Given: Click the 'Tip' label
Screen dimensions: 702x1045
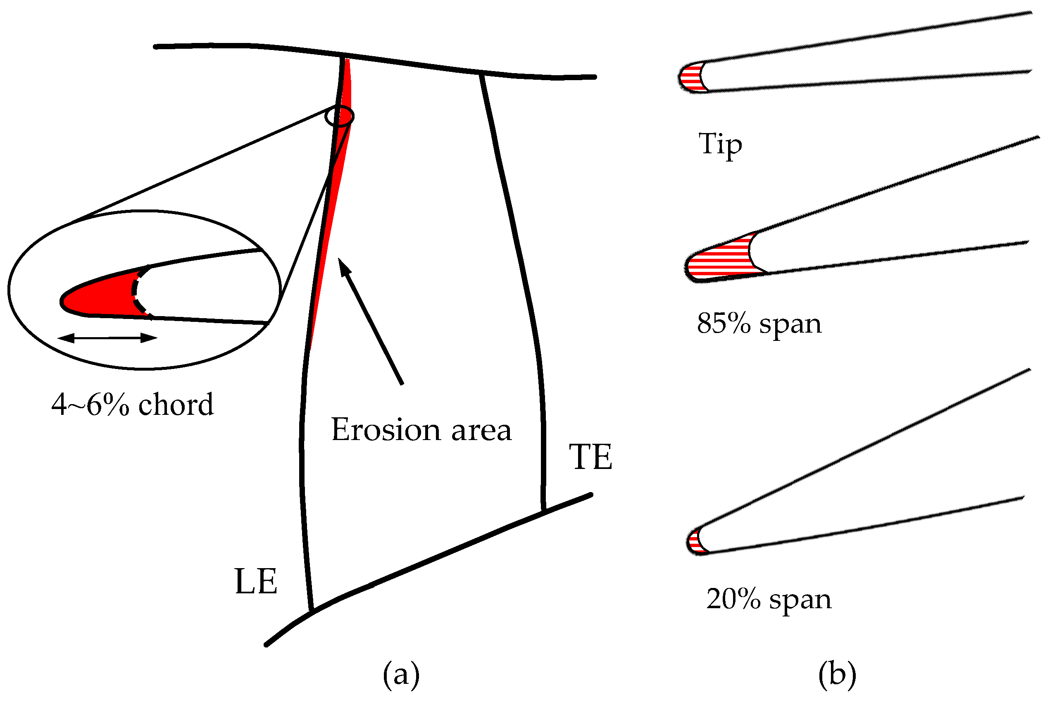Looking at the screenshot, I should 719,144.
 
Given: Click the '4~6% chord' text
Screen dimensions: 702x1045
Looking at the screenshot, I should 133,404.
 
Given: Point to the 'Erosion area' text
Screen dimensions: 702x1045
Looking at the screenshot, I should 421,430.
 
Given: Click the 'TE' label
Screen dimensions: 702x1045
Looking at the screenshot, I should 590,457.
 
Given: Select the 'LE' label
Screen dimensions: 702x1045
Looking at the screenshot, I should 256,582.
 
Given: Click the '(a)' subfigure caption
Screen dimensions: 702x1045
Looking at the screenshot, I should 401,674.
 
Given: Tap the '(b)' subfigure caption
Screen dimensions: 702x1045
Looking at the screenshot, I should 837,674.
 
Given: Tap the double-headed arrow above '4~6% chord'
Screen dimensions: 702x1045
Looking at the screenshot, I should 107,338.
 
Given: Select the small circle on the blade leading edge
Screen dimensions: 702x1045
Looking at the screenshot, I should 339,117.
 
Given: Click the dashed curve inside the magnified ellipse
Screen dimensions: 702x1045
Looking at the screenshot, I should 136,291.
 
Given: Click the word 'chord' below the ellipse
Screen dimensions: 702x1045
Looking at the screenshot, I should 176,404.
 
